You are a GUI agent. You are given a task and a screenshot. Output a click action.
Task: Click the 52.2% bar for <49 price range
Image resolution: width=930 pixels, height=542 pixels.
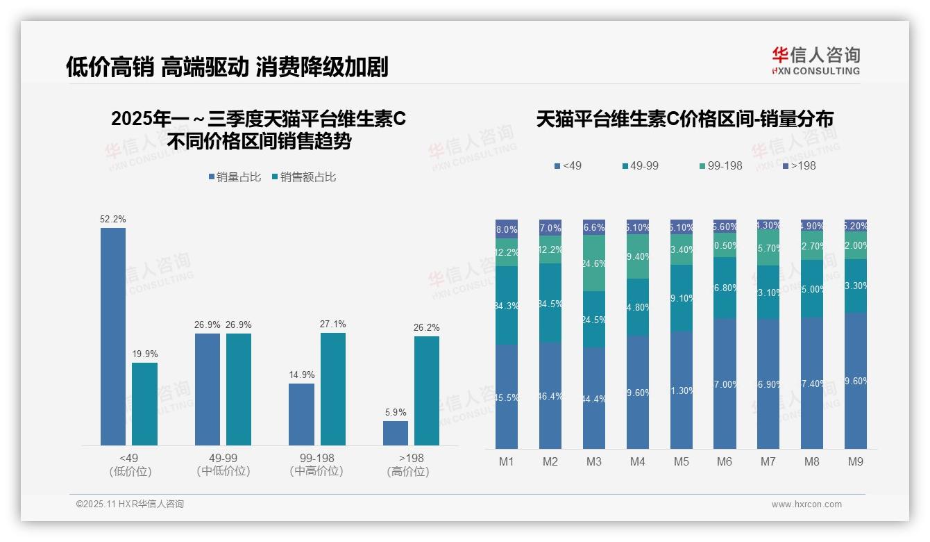(113, 336)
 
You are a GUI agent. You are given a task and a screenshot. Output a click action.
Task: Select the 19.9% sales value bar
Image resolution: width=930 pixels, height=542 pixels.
(144, 404)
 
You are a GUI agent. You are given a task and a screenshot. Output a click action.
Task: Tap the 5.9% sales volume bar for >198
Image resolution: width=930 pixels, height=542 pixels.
(396, 433)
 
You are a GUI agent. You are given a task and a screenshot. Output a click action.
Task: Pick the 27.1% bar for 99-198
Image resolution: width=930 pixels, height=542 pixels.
(333, 389)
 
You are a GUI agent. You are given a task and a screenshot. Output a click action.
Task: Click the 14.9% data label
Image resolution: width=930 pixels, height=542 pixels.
(301, 375)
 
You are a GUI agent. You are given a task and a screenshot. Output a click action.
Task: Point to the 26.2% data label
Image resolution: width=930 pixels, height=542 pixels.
(426, 328)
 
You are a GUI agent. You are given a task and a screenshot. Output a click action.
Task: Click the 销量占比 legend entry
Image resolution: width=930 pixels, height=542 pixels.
(235, 177)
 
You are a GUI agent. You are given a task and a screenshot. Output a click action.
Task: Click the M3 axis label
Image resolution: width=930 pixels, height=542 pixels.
(594, 461)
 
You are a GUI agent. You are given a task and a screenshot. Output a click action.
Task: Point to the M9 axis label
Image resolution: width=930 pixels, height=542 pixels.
(856, 461)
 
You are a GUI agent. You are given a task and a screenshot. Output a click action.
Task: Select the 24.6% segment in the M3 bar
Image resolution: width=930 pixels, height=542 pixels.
(594, 263)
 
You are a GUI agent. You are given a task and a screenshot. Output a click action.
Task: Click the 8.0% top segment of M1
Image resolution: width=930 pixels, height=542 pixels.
(507, 229)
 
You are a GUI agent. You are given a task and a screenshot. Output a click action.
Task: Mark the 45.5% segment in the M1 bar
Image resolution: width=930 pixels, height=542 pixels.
(507, 397)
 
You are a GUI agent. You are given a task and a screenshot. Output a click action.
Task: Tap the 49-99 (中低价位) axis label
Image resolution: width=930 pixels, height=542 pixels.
(223, 464)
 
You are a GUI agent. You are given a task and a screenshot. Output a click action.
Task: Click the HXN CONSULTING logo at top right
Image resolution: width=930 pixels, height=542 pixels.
(815, 61)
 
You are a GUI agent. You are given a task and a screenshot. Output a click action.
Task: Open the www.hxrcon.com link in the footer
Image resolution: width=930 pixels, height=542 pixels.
(806, 504)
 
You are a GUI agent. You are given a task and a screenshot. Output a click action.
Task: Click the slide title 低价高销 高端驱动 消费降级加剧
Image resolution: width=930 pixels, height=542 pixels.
(227, 67)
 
